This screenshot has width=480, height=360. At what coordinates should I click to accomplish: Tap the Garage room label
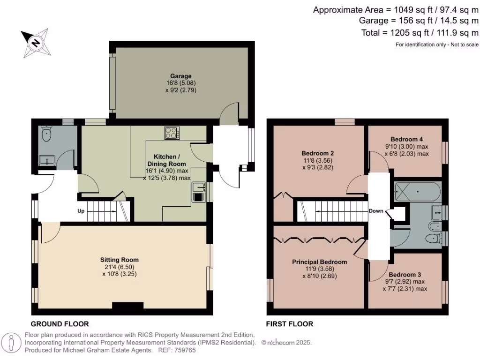(180, 76)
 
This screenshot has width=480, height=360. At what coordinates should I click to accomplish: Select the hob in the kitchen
(172, 133)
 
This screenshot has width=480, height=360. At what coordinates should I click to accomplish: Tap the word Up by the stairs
(81, 211)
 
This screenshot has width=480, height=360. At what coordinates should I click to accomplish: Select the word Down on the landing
(376, 210)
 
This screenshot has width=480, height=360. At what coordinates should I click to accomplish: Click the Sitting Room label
(120, 260)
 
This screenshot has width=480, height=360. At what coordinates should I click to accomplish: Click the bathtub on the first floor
(417, 191)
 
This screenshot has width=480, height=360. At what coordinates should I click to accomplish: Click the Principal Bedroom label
(319, 262)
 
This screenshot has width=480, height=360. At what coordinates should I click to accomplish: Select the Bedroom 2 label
(317, 153)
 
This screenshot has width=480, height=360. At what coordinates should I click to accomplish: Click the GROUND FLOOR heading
(60, 324)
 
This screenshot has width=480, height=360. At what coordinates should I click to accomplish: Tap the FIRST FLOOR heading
(289, 324)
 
